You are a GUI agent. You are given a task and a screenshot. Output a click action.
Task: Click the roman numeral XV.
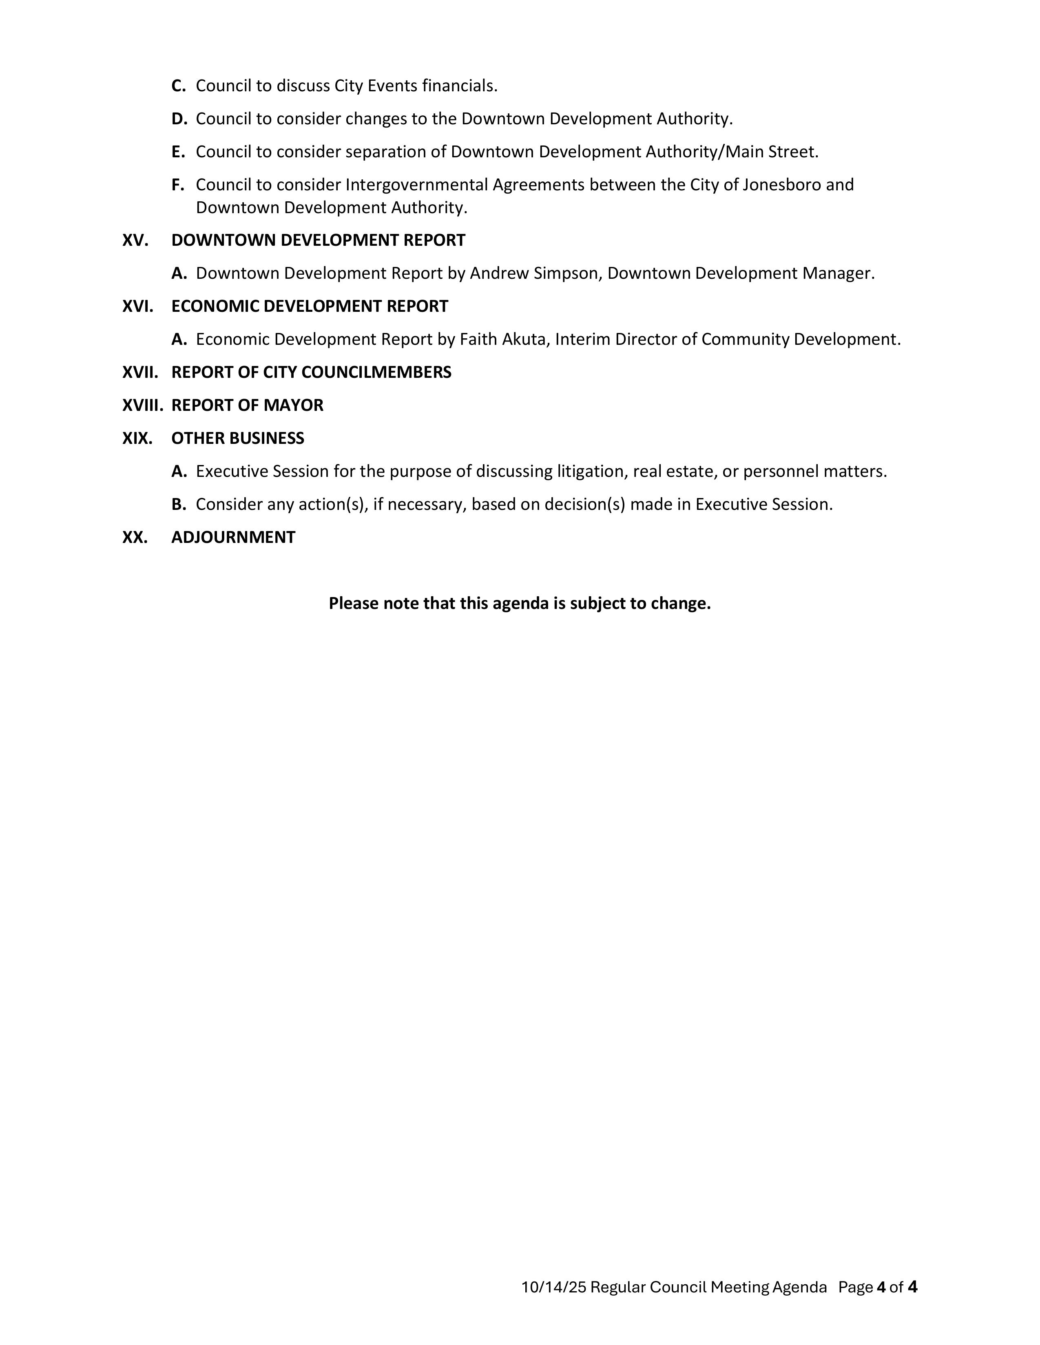pyautogui.click(x=135, y=240)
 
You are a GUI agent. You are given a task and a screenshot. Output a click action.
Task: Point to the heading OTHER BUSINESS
pyautogui.click(x=237, y=438)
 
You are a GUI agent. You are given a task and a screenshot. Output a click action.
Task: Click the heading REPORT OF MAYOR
pyautogui.click(x=247, y=405)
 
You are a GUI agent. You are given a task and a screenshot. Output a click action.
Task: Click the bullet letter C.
pyautogui.click(x=178, y=86)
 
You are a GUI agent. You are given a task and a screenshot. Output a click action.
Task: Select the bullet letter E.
pyautogui.click(x=178, y=152)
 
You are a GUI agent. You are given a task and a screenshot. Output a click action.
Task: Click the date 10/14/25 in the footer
pyautogui.click(x=553, y=1287)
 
